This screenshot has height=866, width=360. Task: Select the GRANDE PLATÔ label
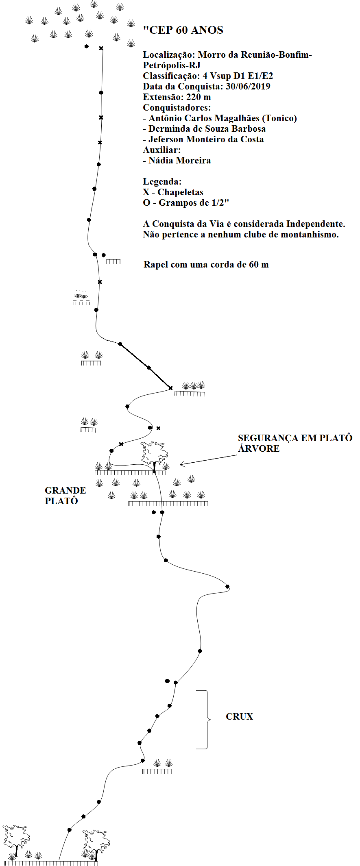click(x=65, y=496)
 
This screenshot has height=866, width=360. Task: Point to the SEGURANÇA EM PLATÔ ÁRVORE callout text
click(x=295, y=443)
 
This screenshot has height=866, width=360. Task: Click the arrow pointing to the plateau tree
click(x=208, y=459)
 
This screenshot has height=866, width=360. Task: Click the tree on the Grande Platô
click(x=155, y=457)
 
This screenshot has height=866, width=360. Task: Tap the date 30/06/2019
click(x=248, y=86)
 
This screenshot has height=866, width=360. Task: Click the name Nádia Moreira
click(x=179, y=160)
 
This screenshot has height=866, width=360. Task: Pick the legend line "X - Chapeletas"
click(x=173, y=192)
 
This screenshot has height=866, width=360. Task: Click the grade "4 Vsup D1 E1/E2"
click(x=238, y=76)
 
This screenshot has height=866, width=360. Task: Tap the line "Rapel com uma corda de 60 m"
click(x=206, y=265)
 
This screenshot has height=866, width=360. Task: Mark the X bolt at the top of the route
click(x=101, y=48)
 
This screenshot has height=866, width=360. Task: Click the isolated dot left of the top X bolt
click(x=87, y=46)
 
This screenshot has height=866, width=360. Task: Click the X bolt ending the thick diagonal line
click(x=171, y=388)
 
